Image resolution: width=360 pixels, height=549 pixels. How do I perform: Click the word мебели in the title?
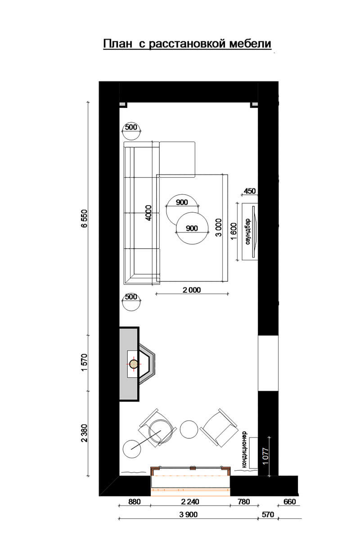250,44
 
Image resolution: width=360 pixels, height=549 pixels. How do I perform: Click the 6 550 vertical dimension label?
84,219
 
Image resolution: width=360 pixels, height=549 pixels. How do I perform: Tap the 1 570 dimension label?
84,362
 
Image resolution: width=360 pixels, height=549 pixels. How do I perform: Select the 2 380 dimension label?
84,433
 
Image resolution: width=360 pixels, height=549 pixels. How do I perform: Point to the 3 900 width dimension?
188,514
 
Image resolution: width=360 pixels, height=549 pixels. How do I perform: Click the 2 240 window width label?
190,502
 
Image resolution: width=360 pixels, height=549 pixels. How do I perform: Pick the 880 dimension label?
135,502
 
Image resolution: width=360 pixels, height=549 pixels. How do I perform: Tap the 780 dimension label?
244,502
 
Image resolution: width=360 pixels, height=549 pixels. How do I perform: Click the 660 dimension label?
290,502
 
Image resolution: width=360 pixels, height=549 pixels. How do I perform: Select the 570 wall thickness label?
268,514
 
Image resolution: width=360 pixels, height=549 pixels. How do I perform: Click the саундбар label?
247,232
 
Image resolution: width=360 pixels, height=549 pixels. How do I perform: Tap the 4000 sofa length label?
148,213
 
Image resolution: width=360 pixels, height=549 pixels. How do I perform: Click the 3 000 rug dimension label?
218,228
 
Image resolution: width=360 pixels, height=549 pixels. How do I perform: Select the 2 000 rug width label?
192,290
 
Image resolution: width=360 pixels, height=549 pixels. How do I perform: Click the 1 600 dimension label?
234,231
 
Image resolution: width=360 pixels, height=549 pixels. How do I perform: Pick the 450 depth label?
250,191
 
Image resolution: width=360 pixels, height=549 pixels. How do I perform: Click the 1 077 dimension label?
265,456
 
